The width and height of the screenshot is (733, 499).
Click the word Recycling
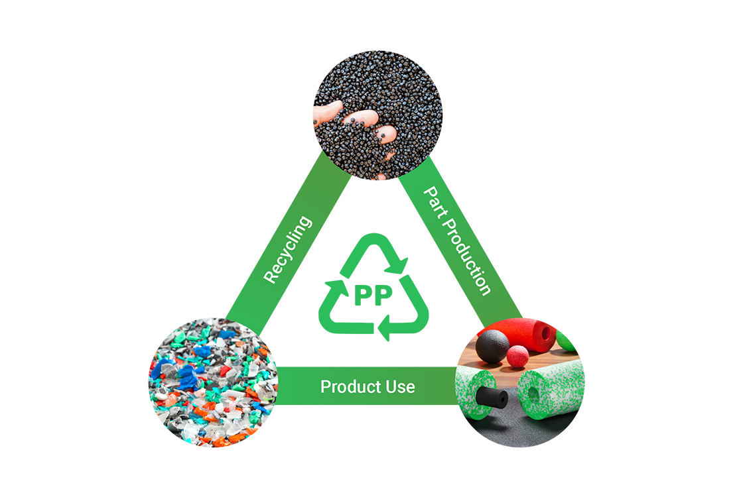[287, 250]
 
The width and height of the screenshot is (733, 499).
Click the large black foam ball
[492, 346]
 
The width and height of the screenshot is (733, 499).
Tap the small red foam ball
[517, 356]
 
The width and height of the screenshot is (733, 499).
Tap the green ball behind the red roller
[567, 339]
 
